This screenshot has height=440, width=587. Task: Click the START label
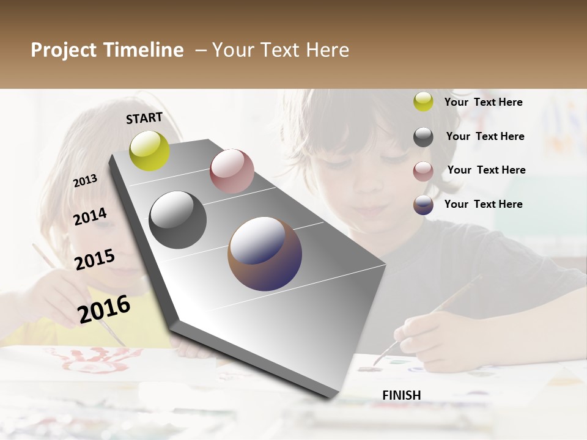click(x=144, y=118)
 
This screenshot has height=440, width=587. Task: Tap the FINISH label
click(x=402, y=395)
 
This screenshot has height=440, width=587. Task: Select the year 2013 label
click(x=85, y=180)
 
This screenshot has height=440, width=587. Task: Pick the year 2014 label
click(x=90, y=216)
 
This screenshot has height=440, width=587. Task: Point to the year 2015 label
click(x=95, y=260)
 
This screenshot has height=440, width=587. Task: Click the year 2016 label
click(x=104, y=309)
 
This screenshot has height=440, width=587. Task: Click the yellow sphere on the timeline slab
click(x=150, y=150)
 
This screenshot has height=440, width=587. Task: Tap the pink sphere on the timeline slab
click(x=232, y=170)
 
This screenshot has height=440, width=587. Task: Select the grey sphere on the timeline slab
click(x=177, y=220)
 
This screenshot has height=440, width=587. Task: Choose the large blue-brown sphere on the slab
click(x=265, y=254)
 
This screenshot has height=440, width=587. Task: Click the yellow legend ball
click(x=423, y=101)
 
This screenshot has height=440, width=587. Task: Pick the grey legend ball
click(x=423, y=137)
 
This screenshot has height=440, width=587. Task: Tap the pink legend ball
click(x=423, y=171)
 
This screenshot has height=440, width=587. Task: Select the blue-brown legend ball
click(x=423, y=205)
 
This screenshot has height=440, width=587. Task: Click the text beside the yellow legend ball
click(x=483, y=102)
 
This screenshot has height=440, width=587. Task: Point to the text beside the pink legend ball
click(x=486, y=170)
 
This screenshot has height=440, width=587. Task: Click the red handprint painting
click(x=92, y=361)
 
